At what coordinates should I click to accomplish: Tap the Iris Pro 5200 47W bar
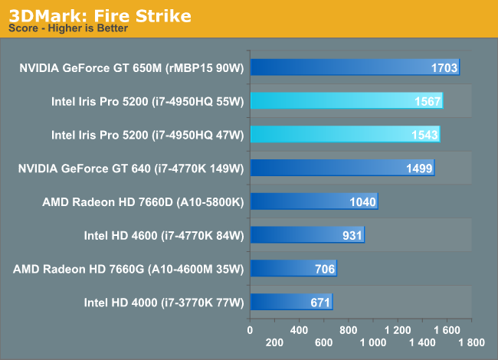point(345,135)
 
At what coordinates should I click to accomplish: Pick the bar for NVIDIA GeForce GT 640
point(342,169)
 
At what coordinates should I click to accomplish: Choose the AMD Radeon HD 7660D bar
point(313,201)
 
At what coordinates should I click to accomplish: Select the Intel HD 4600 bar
point(306,235)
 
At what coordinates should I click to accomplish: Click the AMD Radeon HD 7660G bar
point(293,268)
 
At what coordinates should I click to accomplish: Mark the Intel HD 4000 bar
point(290,302)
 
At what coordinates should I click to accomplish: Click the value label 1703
point(444,69)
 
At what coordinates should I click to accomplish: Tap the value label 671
point(320,303)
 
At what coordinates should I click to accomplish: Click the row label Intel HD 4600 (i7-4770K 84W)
point(163,235)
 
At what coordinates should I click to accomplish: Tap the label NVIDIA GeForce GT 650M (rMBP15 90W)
point(131,68)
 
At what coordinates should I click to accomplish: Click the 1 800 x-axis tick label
point(470,343)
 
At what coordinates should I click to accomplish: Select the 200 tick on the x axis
point(274,343)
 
